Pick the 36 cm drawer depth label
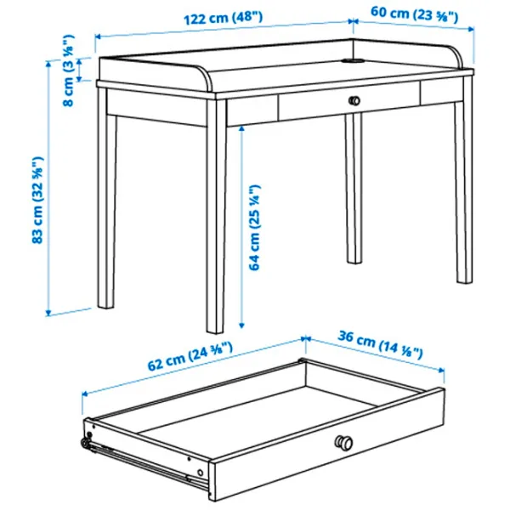tap(386, 344)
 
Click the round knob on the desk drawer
tap(354, 101)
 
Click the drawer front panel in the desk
tap(348, 102)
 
